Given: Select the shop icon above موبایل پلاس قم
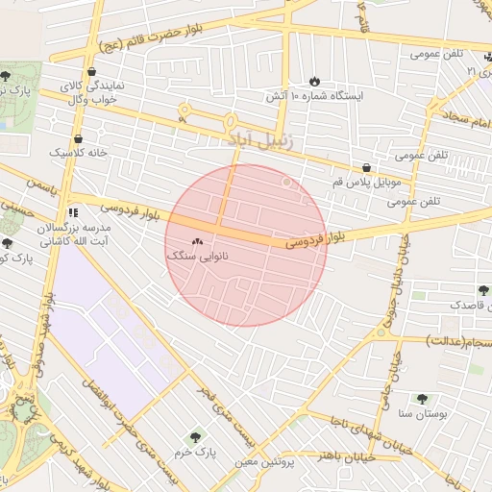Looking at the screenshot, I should pyautogui.click(x=366, y=167).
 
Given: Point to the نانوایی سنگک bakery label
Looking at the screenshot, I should pyautogui.click(x=196, y=258).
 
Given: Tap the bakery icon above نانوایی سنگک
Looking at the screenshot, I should pyautogui.click(x=198, y=242).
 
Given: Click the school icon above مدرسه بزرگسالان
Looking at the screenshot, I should pyautogui.click(x=73, y=211).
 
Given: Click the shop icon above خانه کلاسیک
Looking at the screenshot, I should pyautogui.click(x=90, y=138).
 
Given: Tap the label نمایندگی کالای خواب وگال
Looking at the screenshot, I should pyautogui.click(x=91, y=92).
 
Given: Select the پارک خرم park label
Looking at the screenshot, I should pyautogui.click(x=199, y=451).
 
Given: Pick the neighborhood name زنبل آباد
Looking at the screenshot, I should pyautogui.click(x=261, y=139).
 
